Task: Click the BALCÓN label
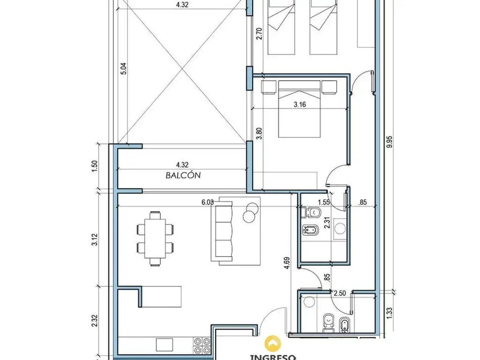point(183,175)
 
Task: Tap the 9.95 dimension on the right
point(390,142)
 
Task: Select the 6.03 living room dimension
point(208,202)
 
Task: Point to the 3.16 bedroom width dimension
point(300,105)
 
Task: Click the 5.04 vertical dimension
point(123,68)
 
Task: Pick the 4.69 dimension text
point(287,263)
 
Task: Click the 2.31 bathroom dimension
point(327,223)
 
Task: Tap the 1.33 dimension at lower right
point(390,313)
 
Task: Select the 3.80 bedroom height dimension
point(259,133)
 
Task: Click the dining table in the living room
point(155,238)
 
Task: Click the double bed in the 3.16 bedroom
point(300,109)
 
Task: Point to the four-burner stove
point(202,345)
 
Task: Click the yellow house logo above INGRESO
point(273,344)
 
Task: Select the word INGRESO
point(273,357)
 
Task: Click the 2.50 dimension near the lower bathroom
point(339,293)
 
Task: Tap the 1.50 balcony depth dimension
point(95,166)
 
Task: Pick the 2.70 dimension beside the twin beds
point(259,34)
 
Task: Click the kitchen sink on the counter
point(165,345)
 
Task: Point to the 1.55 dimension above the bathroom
point(323,202)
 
